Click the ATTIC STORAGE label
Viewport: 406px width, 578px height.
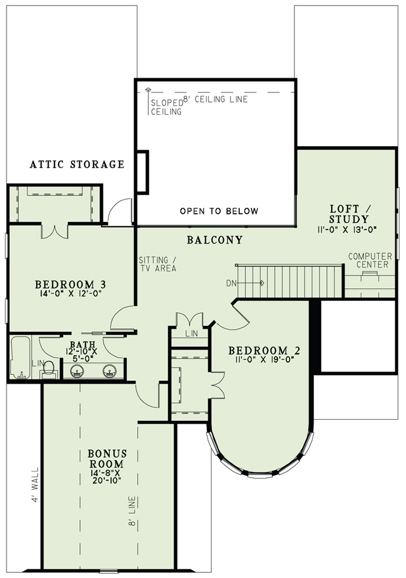tap(77, 164)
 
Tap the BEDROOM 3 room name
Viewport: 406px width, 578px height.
tap(70, 285)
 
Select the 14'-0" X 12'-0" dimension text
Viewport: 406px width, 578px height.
tap(70, 293)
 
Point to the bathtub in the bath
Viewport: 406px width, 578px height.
tap(20, 357)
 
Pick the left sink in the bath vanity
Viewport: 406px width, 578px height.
tap(77, 370)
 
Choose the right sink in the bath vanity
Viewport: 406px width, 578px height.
tap(109, 370)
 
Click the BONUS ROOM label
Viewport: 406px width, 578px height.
tap(107, 458)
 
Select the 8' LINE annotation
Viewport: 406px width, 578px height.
tap(132, 512)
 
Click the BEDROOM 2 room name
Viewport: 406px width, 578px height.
tap(264, 350)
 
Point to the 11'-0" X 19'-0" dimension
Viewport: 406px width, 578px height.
tap(263, 359)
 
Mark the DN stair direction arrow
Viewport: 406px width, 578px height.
tap(251, 283)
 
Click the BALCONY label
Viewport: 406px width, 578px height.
tap(215, 240)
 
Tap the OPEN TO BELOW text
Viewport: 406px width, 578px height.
tap(219, 211)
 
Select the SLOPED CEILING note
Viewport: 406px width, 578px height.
tap(166, 107)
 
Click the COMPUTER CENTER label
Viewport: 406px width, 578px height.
tap(369, 260)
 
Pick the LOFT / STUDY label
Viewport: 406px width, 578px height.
tap(349, 214)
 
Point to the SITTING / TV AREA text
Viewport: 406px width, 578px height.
tap(157, 264)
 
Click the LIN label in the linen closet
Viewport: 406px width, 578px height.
tap(192, 333)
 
